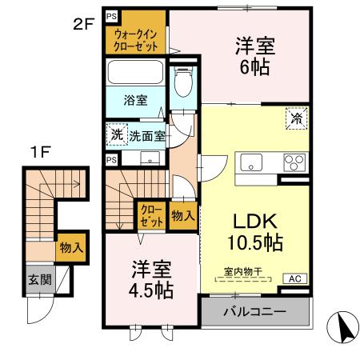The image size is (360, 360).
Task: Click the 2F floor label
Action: (x=84, y=23)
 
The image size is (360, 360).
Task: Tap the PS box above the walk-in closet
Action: (x=110, y=15)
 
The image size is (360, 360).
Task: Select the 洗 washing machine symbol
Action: (x=117, y=135)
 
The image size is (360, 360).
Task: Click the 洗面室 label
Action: (x=147, y=136)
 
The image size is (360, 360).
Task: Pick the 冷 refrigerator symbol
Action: (x=295, y=118)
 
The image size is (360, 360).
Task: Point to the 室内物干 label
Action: (x=244, y=273)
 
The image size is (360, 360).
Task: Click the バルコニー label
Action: (x=254, y=310)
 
